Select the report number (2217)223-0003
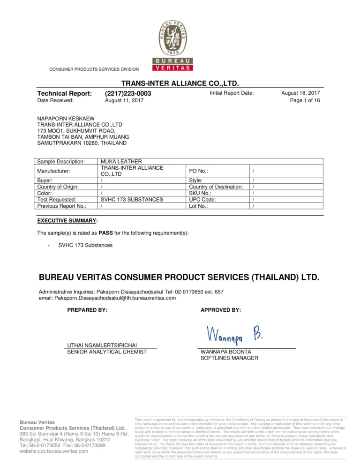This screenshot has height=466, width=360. click(128, 93)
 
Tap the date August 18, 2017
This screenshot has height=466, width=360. click(300, 93)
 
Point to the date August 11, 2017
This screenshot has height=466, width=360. click(124, 100)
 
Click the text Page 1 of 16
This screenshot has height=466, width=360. click(305, 100)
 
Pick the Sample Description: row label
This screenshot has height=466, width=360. click(61, 162)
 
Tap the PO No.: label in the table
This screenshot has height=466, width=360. click(198, 171)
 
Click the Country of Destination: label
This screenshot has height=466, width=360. click(216, 187)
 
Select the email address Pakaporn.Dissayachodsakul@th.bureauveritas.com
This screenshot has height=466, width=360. click(107, 298)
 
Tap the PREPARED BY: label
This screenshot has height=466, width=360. click(88, 310)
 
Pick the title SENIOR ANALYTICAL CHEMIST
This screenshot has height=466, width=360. click(107, 352)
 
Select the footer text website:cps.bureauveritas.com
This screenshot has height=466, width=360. click(54, 451)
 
